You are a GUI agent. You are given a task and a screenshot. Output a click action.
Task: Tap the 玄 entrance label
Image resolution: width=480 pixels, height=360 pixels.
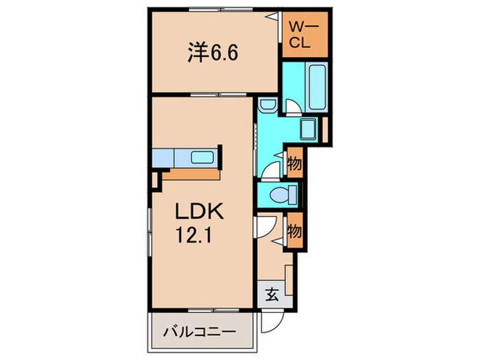click(x=272, y=296)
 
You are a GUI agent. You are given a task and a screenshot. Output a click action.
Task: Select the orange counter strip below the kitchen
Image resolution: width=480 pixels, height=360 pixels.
click(x=189, y=174)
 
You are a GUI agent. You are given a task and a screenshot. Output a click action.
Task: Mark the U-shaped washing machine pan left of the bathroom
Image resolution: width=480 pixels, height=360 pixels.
click(x=268, y=104)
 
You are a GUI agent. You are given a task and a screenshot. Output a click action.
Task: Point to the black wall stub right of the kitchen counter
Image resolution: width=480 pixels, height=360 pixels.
click(x=219, y=156)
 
